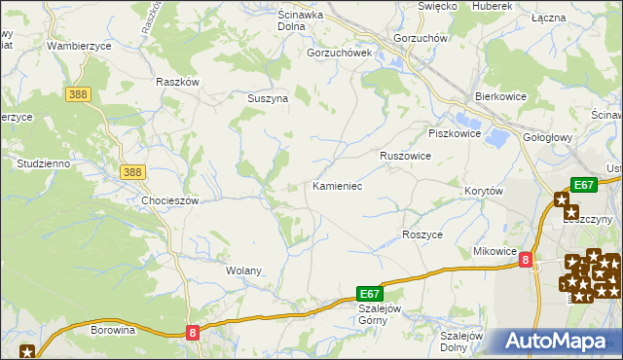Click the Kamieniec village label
(x=337, y=185)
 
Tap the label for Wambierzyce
(x=81, y=45)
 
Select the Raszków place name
(x=177, y=82)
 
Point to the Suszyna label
(x=266, y=98)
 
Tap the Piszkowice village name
(x=455, y=133)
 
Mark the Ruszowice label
(x=405, y=155)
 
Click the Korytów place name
(x=483, y=192)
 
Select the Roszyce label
(x=422, y=234)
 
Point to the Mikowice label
(x=494, y=251)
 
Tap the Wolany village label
(x=244, y=270)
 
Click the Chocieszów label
(x=170, y=200)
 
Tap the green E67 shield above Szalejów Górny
(x=369, y=292)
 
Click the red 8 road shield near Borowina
(x=193, y=333)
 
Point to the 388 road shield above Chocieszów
(x=133, y=172)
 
